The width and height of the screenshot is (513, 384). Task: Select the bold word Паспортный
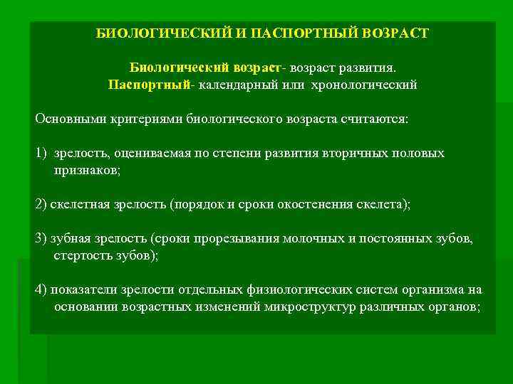(x=149, y=85)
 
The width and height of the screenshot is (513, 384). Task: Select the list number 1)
(x=41, y=153)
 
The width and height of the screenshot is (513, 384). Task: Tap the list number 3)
(x=41, y=238)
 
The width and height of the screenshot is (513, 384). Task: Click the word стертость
(x=81, y=255)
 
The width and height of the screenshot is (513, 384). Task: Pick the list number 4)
(x=41, y=289)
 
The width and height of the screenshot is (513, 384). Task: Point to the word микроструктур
(x=308, y=306)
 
